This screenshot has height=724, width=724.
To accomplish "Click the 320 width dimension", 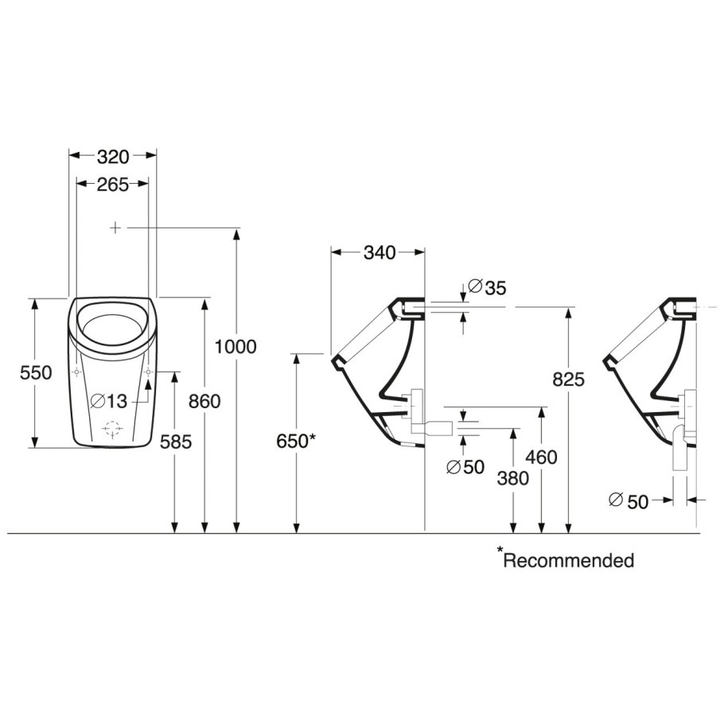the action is [113, 158].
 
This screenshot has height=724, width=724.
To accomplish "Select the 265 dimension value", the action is [113, 185].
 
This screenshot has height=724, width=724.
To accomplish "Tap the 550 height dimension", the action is [36, 372].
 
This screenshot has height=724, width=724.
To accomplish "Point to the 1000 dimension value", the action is [236, 346].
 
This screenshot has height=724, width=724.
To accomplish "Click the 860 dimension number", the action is [204, 402].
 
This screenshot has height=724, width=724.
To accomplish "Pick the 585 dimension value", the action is [176, 442].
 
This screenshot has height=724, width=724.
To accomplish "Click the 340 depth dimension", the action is [380, 252].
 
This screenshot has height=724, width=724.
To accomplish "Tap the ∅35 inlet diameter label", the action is [487, 288].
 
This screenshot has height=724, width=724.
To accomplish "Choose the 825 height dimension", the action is [569, 380].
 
